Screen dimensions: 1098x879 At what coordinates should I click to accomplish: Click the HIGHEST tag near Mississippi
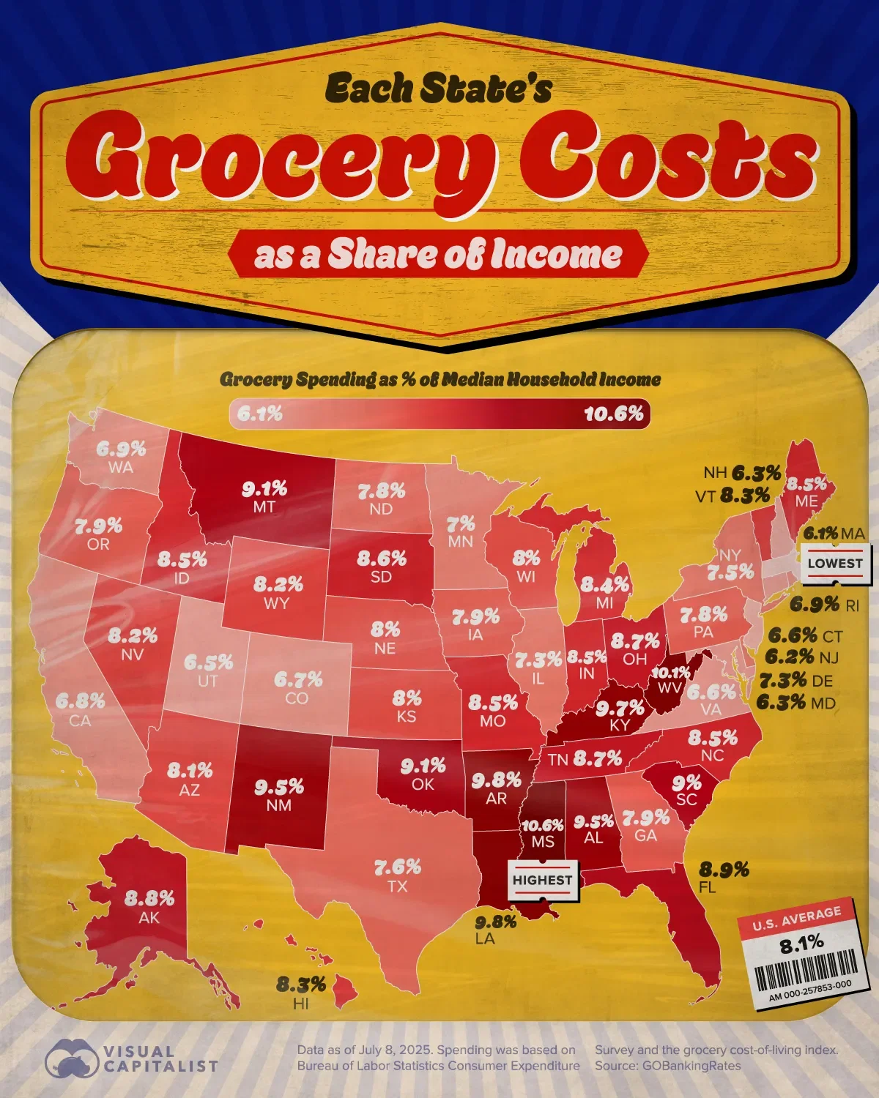(543, 880)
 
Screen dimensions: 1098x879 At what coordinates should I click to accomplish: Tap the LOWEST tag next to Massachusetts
(835, 563)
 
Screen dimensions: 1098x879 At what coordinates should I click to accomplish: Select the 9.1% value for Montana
(265, 488)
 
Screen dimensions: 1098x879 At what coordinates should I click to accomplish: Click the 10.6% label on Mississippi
(542, 825)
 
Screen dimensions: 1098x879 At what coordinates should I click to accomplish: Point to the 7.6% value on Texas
(398, 867)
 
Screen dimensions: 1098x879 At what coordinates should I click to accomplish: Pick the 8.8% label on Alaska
(149, 897)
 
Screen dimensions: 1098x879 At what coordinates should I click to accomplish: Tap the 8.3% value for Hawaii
(301, 985)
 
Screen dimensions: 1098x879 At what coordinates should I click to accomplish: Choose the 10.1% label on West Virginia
(670, 672)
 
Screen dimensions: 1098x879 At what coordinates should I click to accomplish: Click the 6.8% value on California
(81, 701)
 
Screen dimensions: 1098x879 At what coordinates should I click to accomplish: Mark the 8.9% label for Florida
(724, 869)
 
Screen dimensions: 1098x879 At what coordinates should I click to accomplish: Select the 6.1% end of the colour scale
(260, 414)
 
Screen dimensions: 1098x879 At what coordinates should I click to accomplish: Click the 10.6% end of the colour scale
(614, 414)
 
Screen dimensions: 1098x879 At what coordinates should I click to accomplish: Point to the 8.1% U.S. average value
(801, 944)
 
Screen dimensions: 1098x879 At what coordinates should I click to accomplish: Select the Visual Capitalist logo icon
(71, 1058)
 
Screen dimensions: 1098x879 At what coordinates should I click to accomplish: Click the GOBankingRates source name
(691, 1066)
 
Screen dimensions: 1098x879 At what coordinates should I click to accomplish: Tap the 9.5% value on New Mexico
(279, 787)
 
